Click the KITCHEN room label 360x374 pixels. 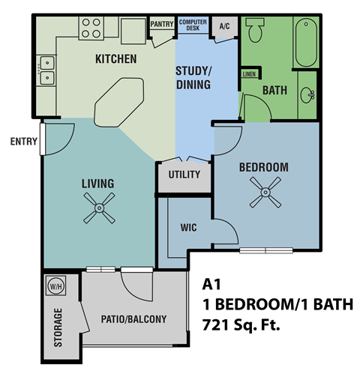pyautogui.click(x=115, y=58)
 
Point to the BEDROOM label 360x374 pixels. pyautogui.click(x=263, y=166)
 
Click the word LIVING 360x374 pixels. pyautogui.click(x=97, y=184)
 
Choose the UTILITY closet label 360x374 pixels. pyautogui.click(x=184, y=175)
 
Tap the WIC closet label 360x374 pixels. pyautogui.click(x=188, y=227)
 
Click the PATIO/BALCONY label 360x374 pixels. pyautogui.click(x=133, y=319)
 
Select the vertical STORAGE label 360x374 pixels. pyautogui.click(x=58, y=327)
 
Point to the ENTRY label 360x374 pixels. pyautogui.click(x=24, y=141)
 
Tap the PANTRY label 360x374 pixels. pyautogui.click(x=161, y=24)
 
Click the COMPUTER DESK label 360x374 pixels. pyautogui.click(x=193, y=25)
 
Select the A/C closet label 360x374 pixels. pyautogui.click(x=224, y=26)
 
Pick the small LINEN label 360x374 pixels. pyautogui.click(x=249, y=73)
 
